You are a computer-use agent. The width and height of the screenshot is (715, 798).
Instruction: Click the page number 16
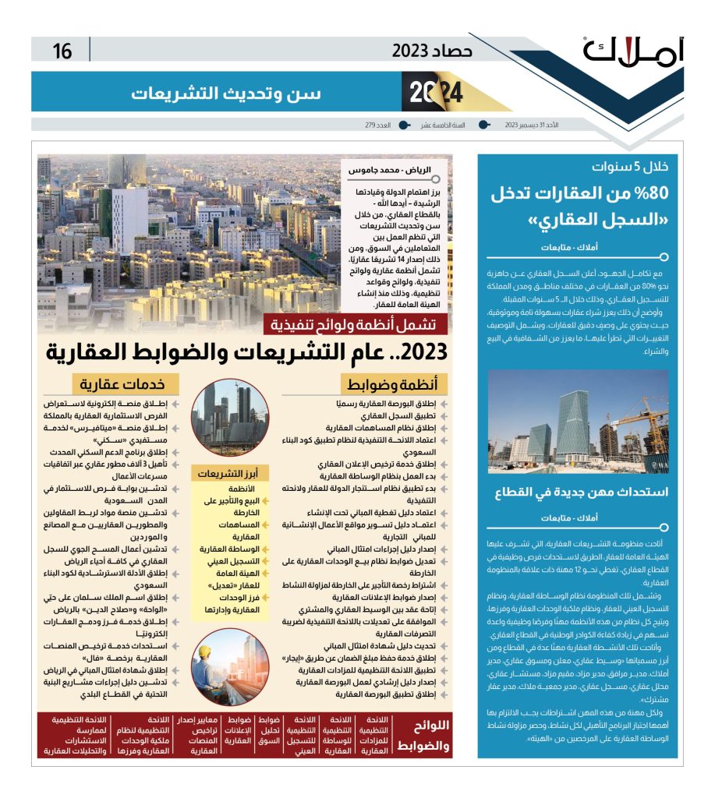click(62, 51)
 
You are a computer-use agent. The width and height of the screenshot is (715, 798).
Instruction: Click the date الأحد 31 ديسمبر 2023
click(533, 125)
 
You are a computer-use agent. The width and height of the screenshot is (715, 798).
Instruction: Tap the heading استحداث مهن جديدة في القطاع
click(582, 492)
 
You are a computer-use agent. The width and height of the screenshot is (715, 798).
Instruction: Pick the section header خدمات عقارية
click(126, 384)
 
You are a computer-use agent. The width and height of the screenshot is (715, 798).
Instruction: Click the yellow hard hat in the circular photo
click(206, 651)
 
